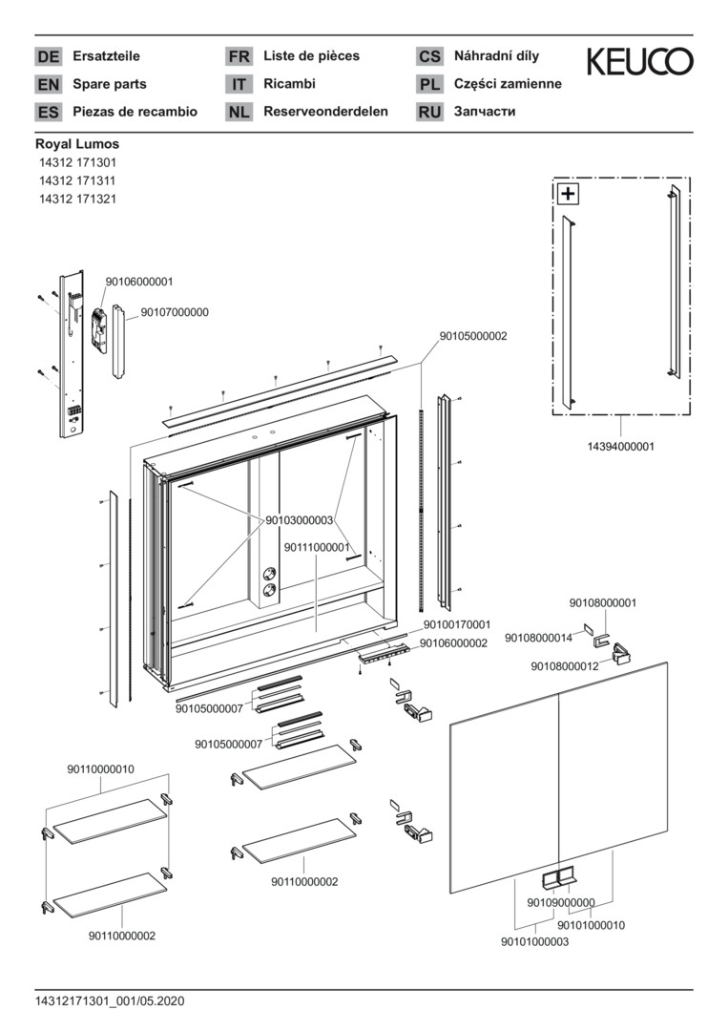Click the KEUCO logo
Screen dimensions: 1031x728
pos(639,63)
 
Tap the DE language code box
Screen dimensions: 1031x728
pos(48,56)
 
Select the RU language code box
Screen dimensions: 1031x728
pos(429,112)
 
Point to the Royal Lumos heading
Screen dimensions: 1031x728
pos(77,144)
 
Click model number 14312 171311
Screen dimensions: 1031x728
pos(77,180)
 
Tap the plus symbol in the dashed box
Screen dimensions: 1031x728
pos(568,194)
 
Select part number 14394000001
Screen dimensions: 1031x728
pos(620,446)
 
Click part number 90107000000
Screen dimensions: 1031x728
pos(175,312)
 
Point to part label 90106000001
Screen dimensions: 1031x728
pos(139,282)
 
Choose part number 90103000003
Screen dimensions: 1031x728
pos(299,520)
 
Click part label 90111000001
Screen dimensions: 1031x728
pos(316,548)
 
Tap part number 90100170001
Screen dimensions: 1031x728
pos(456,624)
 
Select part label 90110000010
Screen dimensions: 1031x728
pos(100,768)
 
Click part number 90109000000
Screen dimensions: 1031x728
pos(560,902)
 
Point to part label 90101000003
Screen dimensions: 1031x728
pos(534,942)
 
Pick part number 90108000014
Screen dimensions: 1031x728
pos(538,638)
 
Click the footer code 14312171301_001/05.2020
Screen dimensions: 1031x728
pos(109,1000)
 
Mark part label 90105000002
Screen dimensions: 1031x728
pos(473,336)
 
